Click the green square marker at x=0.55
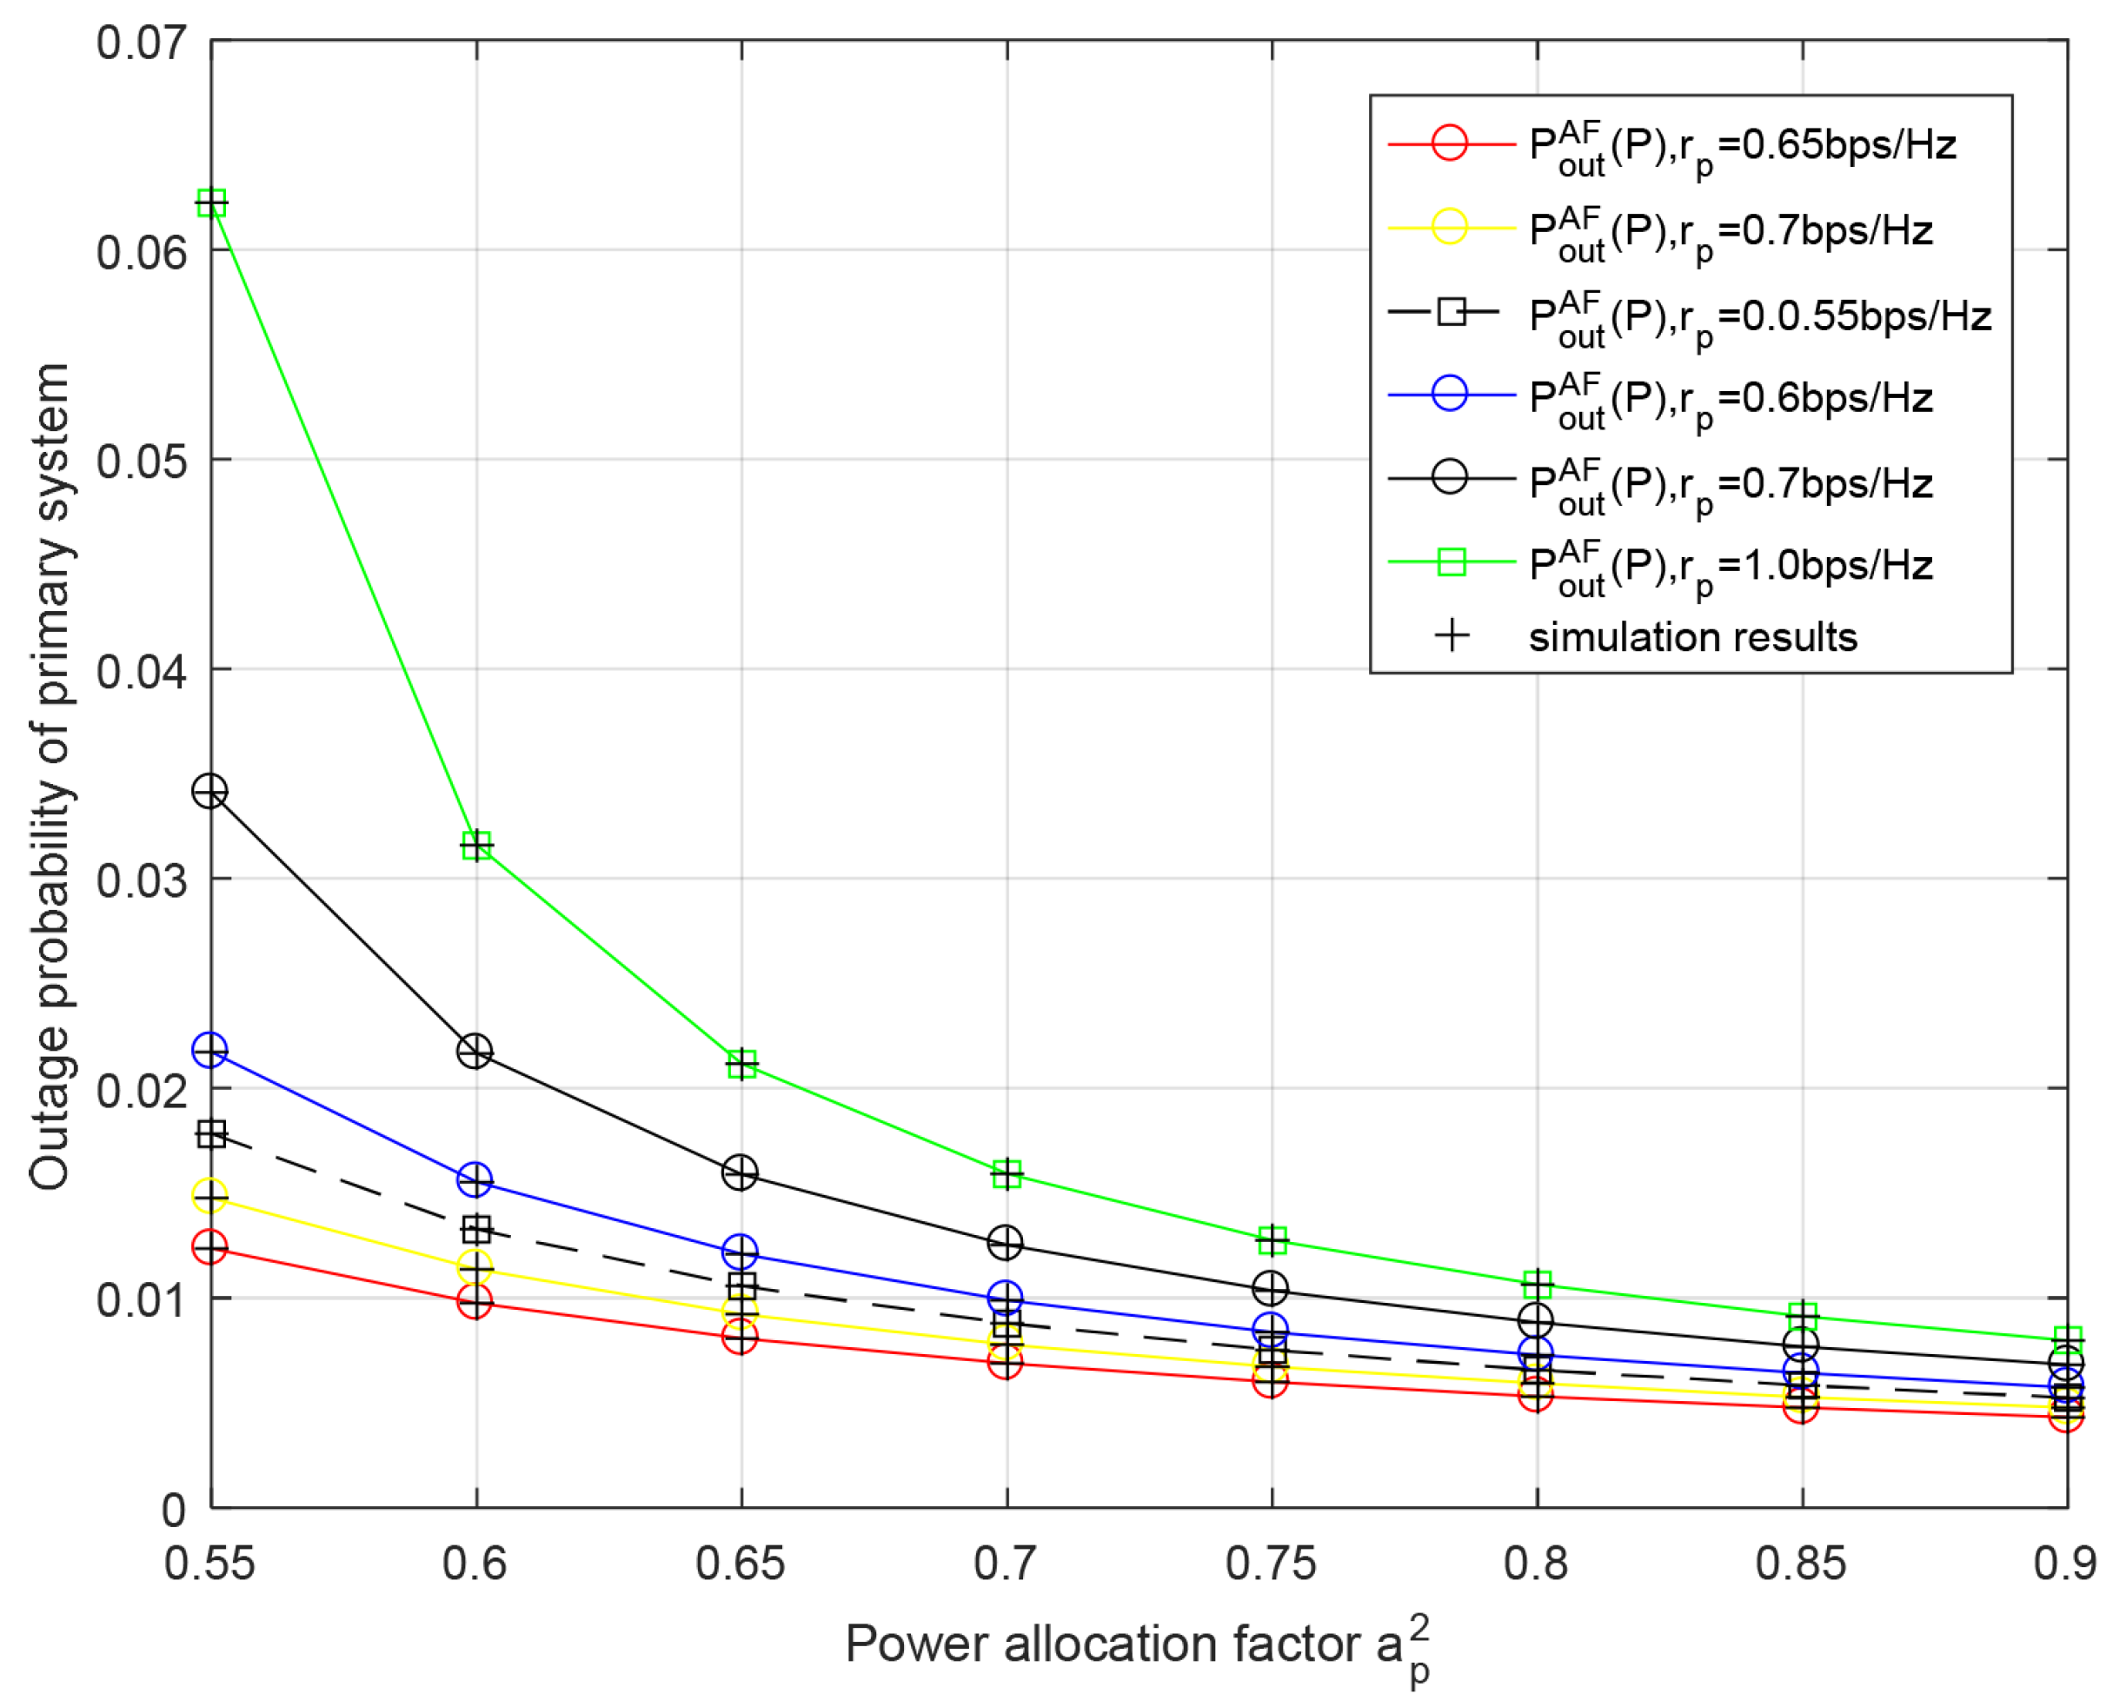[x=211, y=203]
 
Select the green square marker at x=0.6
[x=477, y=846]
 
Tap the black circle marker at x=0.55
[x=210, y=791]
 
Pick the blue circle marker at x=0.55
[x=210, y=1050]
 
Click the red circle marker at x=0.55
[x=210, y=1248]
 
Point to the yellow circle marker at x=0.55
[x=210, y=1197]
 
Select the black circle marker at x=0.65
[x=741, y=1172]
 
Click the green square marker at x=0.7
[x=1007, y=1174]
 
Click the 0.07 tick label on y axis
[x=142, y=43]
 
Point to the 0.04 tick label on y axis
[x=142, y=672]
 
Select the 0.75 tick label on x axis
[x=1271, y=1564]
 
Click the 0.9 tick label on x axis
[x=2065, y=1564]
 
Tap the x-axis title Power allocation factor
[x=1137, y=1645]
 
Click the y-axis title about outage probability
[x=50, y=777]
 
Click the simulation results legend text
[x=1692, y=637]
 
